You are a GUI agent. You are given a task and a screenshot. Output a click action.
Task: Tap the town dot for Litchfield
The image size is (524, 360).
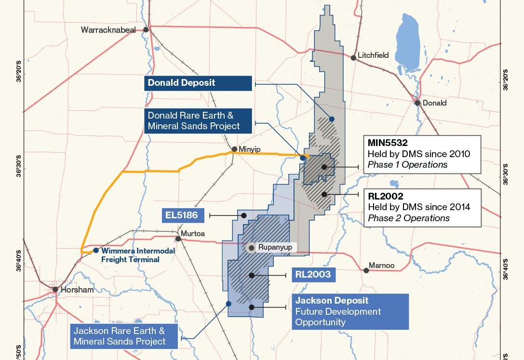point(353,58)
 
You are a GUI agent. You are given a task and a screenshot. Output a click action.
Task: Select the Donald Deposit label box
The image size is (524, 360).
point(198,83)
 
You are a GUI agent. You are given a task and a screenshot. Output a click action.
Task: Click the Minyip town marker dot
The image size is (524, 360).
point(234,149)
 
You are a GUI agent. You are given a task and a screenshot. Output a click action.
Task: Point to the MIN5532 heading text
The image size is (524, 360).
point(388,143)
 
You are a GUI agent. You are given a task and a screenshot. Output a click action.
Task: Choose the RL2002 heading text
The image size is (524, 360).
point(385,197)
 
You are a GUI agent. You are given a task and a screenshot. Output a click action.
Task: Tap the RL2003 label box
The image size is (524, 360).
point(314,275)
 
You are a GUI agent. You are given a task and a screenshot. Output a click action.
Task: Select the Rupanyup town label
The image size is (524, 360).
point(276,248)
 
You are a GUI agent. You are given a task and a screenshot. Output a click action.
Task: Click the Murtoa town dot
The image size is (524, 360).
point(178,239)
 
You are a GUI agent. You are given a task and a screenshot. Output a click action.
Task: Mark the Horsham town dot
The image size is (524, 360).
point(55,290)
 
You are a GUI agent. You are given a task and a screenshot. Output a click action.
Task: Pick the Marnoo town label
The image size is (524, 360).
point(382,265)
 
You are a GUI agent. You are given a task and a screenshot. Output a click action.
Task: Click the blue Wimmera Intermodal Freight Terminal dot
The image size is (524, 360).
point(96,251)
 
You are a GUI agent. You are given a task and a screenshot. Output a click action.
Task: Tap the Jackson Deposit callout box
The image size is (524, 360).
point(350,311)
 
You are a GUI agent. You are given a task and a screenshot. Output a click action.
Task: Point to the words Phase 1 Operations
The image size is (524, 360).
point(407,165)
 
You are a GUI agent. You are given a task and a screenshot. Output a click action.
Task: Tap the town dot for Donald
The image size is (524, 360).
point(417,103)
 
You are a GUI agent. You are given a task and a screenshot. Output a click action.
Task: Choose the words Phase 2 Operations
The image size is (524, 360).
point(408,218)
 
